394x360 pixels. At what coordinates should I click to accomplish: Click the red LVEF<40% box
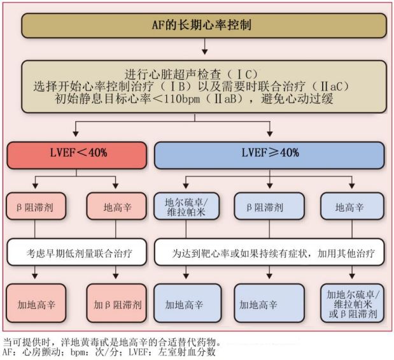coord(76,154)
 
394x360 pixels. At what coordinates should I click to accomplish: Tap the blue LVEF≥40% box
coord(270,154)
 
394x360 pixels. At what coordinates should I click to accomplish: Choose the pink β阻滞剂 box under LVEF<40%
coord(35,208)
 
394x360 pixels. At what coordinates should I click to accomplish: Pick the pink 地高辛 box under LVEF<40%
coord(116,208)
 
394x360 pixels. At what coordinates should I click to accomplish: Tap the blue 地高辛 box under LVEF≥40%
coord(349,208)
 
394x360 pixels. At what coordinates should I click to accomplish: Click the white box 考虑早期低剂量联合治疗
coord(76,253)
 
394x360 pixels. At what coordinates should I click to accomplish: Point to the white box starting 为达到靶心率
coord(269,253)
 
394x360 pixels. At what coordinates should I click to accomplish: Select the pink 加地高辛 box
coord(35,304)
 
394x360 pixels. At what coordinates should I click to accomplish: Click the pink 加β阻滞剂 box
coord(116,304)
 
